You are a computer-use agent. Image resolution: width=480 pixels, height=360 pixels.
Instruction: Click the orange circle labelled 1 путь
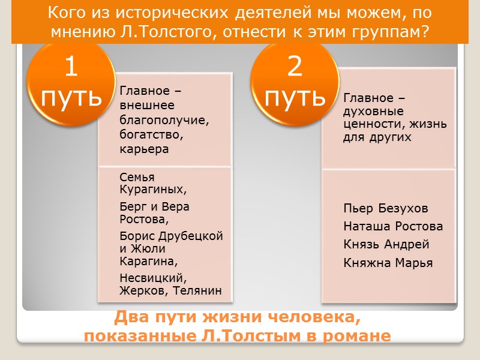[x=71, y=82]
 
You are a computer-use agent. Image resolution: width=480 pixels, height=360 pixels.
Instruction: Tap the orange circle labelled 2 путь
[x=295, y=82]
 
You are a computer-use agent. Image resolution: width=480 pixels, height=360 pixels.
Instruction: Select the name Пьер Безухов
[x=386, y=209]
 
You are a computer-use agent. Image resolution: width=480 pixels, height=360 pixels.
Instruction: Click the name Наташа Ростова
[x=393, y=227]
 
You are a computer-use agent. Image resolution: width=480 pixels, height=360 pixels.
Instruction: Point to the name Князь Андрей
[x=386, y=245]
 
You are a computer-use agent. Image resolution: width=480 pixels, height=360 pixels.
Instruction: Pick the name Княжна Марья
[x=388, y=263]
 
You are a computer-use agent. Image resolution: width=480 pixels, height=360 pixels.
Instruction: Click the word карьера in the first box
[x=144, y=149]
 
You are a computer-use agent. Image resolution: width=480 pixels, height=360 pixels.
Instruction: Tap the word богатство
[x=149, y=134]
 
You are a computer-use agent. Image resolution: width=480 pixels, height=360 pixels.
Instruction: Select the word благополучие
[x=163, y=120]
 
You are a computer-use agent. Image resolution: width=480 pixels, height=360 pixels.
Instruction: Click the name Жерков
[x=141, y=292]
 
